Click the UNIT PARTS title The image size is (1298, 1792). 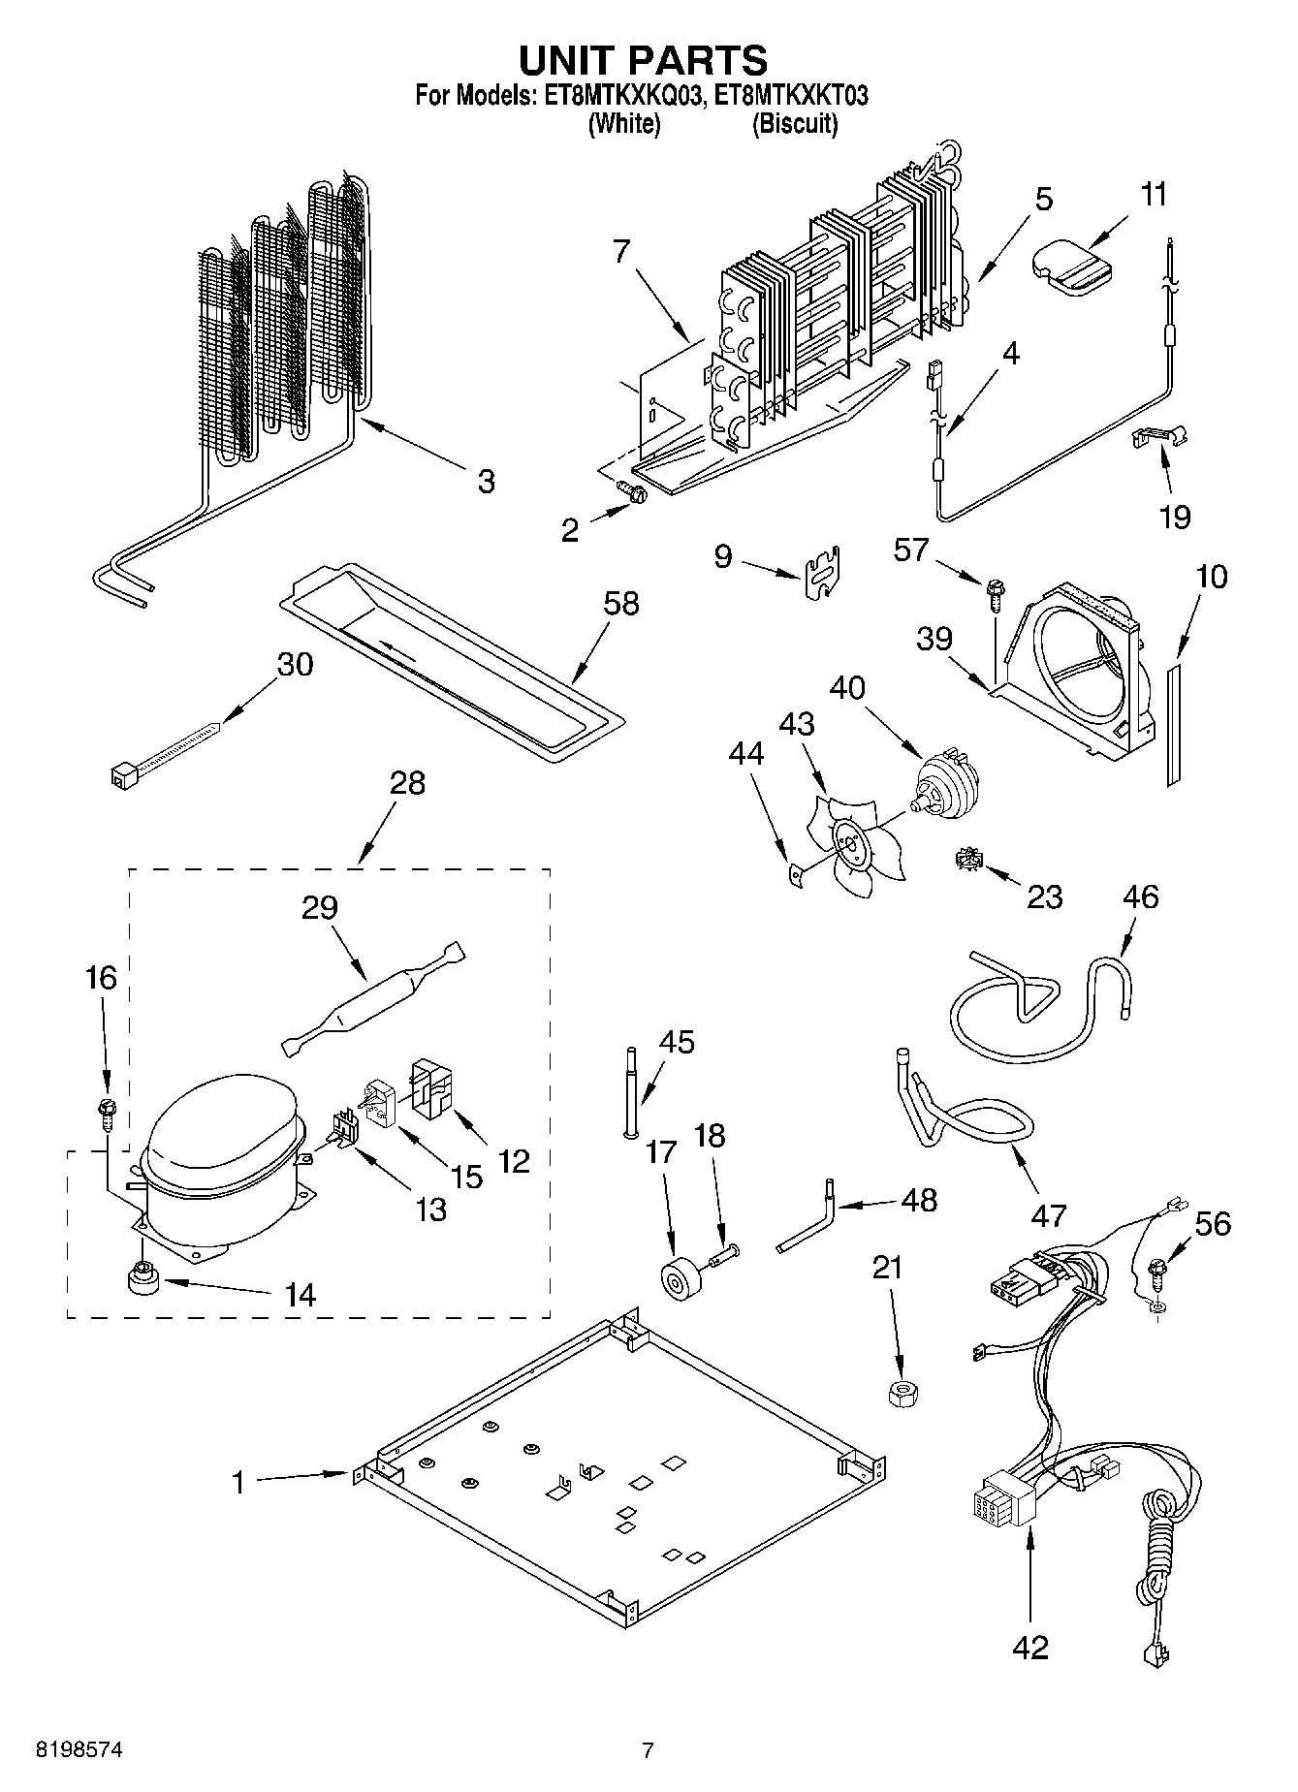(643, 60)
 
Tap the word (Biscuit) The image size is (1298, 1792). (794, 124)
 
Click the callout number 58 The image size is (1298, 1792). (620, 603)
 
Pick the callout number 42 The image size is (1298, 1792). (1029, 1646)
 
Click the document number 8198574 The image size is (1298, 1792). (79, 1750)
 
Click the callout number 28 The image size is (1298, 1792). (407, 783)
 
